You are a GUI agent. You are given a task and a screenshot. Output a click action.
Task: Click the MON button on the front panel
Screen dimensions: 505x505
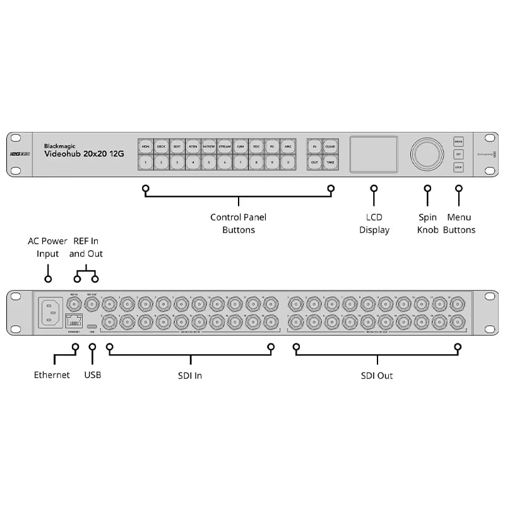point(146,146)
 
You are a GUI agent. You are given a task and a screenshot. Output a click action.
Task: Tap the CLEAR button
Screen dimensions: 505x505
point(330,146)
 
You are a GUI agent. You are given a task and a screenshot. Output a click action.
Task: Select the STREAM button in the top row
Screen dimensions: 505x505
point(225,146)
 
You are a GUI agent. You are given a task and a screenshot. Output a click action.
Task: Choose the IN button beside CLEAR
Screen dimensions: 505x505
point(314,146)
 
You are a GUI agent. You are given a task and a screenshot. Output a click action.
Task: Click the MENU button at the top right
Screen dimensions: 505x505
point(458,141)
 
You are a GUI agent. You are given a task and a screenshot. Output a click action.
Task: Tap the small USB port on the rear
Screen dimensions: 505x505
point(93,327)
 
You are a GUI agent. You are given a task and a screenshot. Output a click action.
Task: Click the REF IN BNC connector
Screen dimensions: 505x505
point(74,304)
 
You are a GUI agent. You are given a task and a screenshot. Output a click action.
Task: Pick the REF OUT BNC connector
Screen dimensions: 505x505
point(93,304)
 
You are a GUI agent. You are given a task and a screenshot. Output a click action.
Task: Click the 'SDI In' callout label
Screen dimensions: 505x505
point(189,376)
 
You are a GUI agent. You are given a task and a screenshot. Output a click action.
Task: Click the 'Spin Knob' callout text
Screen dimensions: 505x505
point(427,223)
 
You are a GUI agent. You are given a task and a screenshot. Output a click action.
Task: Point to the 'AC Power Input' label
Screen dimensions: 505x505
point(47,247)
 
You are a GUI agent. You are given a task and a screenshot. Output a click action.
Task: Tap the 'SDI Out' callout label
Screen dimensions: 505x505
point(377,376)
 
